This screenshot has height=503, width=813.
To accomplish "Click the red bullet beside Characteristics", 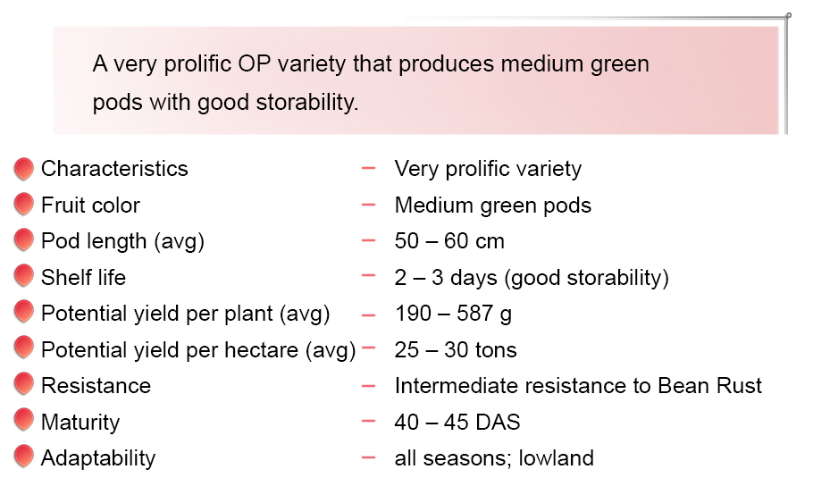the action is (x=24, y=169).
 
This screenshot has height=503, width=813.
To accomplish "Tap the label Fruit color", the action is (x=91, y=205).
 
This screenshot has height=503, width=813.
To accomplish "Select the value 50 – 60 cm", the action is (x=449, y=241).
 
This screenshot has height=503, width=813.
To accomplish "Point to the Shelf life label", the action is (x=83, y=278).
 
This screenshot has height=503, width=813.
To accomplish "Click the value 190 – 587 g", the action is (x=453, y=314).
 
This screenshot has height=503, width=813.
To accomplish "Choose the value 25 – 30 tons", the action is (x=456, y=350).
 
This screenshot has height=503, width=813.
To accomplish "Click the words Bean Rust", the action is (x=710, y=386).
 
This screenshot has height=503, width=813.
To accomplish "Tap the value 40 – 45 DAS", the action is (x=457, y=422).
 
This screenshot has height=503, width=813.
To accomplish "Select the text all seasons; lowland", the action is (x=494, y=458).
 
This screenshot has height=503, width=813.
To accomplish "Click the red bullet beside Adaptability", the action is (x=24, y=457).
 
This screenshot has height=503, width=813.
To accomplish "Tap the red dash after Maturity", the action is (x=368, y=421).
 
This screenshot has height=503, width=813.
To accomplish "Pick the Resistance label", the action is (x=96, y=386).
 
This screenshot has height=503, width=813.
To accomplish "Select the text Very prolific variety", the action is (x=488, y=170).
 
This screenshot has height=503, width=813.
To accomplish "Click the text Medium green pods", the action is (x=493, y=205).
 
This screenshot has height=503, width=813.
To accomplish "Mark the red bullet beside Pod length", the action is (x=24, y=240).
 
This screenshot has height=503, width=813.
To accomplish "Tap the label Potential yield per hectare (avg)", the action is (x=198, y=350).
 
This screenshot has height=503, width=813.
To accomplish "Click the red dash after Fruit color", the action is (x=368, y=205).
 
